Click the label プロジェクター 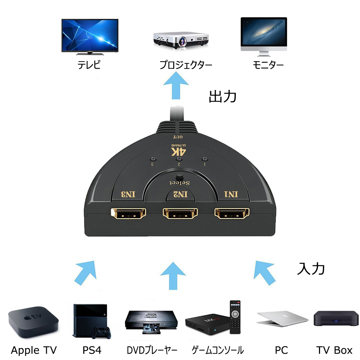pyautogui.click(x=186, y=65)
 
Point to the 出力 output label pyautogui.click(x=222, y=96)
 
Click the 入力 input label pyautogui.click(x=311, y=269)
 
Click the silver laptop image pyautogui.click(x=282, y=319)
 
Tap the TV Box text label pyautogui.click(x=334, y=350)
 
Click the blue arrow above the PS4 pyautogui.click(x=86, y=272)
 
